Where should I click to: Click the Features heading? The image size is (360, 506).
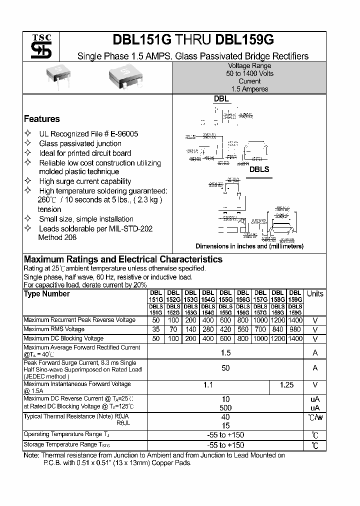coord(42,119)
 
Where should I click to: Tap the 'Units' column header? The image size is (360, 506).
coord(315,294)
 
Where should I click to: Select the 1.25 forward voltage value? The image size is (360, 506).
coord(286,385)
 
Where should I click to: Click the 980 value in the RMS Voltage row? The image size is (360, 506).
coord(295,329)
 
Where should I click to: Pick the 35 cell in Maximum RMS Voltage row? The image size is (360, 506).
coord(156,329)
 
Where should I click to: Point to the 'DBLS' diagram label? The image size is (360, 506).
coord(259,169)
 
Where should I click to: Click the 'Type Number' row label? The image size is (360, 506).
coord(47,294)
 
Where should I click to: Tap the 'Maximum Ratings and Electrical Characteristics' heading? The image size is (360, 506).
coord(123,259)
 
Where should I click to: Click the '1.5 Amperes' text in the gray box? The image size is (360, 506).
coord(249,89)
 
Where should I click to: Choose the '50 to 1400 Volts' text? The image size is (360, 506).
coord(249,73)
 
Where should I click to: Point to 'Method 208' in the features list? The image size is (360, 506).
coord(57,237)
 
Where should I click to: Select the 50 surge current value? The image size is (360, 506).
coord(225,368)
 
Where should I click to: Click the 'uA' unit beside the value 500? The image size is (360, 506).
coord(315,407)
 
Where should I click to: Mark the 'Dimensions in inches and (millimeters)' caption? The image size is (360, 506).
coord(249,246)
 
